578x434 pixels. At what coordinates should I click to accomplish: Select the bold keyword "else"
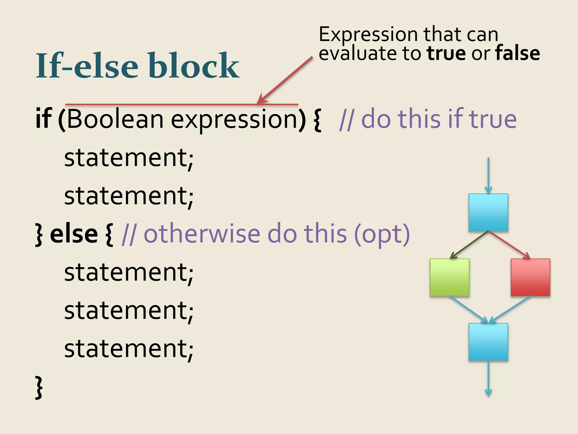click(x=74, y=234)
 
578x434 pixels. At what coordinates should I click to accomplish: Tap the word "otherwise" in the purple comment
click(x=202, y=234)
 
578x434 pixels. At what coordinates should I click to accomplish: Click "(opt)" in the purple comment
click(x=382, y=235)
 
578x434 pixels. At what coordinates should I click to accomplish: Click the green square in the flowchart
click(x=449, y=277)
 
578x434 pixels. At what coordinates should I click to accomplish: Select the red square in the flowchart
click(x=530, y=277)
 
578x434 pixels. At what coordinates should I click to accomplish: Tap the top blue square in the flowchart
click(x=488, y=212)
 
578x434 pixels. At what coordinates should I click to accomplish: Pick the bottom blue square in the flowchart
click(x=488, y=342)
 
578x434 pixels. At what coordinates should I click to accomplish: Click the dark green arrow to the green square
click(x=468, y=245)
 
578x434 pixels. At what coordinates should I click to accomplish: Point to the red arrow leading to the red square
click(x=509, y=245)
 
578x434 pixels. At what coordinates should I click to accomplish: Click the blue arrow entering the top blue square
click(x=488, y=175)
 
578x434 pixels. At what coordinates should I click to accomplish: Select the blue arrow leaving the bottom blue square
click(x=488, y=379)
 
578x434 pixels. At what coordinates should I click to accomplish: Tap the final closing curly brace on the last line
click(x=39, y=387)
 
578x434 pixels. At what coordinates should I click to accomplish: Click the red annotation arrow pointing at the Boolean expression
click(x=285, y=81)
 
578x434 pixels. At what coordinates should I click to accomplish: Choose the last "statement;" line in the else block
click(x=129, y=349)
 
